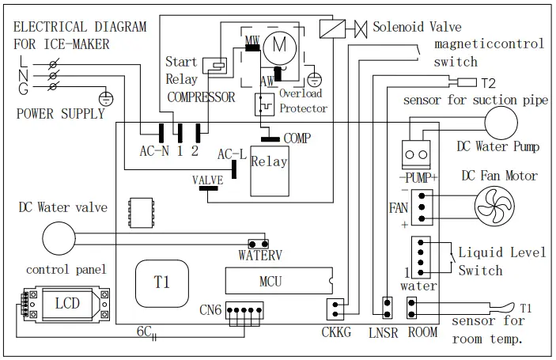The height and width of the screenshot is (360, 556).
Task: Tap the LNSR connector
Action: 388,307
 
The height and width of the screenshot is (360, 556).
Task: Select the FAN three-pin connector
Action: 422,207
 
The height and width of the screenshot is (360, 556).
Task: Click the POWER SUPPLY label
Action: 61,113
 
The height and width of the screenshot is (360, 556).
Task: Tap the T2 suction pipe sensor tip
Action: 467,82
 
